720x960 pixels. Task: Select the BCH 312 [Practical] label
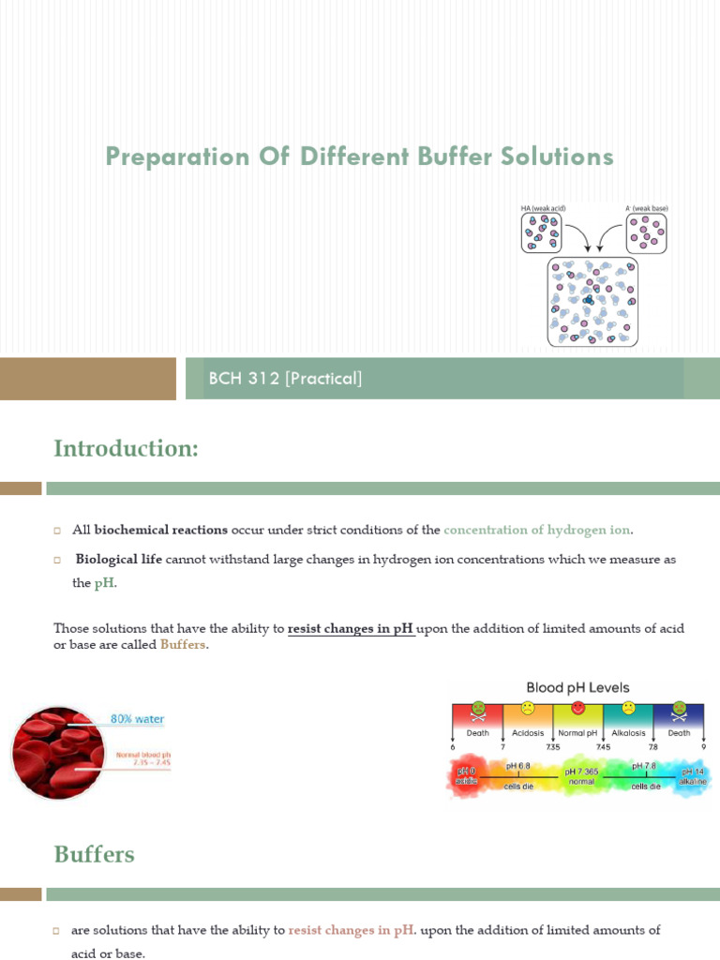pyautogui.click(x=285, y=379)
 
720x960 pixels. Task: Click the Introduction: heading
pyautogui.click(x=126, y=449)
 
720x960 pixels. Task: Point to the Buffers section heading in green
pyautogui.click(x=94, y=854)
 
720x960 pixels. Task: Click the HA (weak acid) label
pyautogui.click(x=543, y=208)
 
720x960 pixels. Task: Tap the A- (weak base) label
pyautogui.click(x=646, y=208)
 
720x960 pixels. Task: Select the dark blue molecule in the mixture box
pyautogui.click(x=589, y=300)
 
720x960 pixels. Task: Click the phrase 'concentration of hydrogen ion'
pyautogui.click(x=536, y=530)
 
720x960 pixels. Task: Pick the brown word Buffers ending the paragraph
pyautogui.click(x=182, y=645)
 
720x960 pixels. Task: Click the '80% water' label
pyautogui.click(x=137, y=719)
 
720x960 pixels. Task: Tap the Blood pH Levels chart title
pyautogui.click(x=577, y=688)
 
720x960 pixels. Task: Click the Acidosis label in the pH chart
pyautogui.click(x=528, y=733)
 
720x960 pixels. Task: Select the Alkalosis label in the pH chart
pyautogui.click(x=628, y=733)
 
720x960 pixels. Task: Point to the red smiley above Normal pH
pyautogui.click(x=577, y=708)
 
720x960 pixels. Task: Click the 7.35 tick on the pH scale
pyautogui.click(x=553, y=747)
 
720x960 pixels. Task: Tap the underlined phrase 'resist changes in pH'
pyautogui.click(x=352, y=628)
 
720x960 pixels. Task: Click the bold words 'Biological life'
pyautogui.click(x=118, y=559)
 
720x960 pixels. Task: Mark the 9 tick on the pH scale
pyautogui.click(x=703, y=747)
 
